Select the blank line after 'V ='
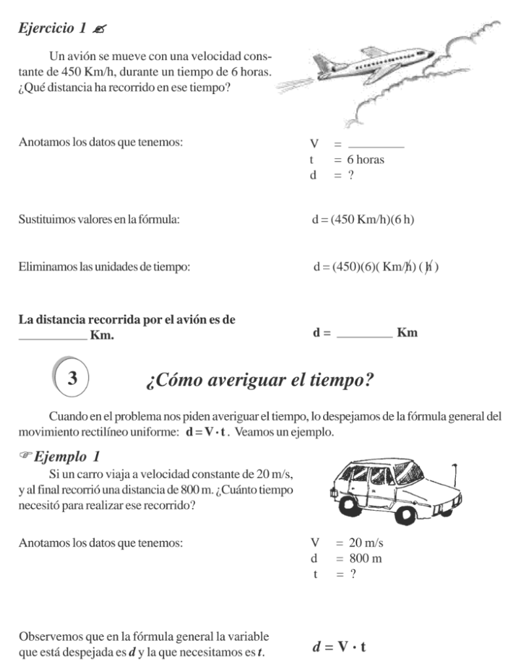pos(376,145)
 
